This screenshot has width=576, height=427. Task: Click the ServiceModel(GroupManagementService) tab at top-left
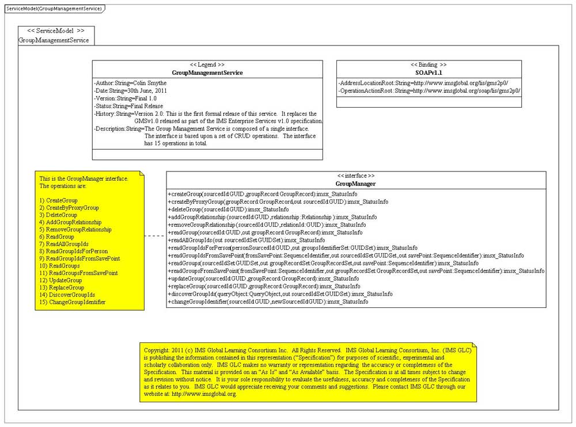(x=54, y=9)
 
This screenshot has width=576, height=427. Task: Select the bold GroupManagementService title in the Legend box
(x=207, y=73)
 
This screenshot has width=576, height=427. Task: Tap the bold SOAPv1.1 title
(x=429, y=73)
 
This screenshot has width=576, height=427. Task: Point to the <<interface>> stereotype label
(x=355, y=176)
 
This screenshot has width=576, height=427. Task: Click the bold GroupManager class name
(x=355, y=184)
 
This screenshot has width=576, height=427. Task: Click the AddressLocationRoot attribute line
(x=423, y=83)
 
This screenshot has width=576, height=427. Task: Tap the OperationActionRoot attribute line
(x=429, y=91)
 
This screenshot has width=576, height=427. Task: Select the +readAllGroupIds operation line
(x=247, y=240)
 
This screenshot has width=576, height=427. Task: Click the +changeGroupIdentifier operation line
(x=268, y=302)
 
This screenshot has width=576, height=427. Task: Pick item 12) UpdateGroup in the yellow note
(x=60, y=280)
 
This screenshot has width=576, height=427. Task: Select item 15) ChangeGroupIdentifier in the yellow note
(x=72, y=302)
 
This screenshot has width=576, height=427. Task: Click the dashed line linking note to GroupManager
(x=154, y=236)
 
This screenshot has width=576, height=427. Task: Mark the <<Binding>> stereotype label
(x=429, y=65)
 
